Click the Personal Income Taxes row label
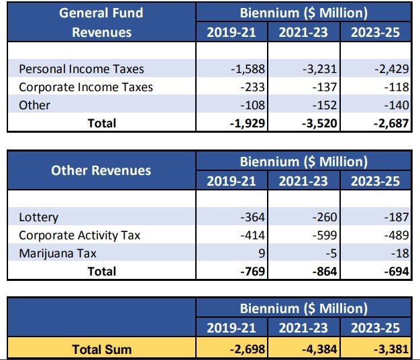[81, 69]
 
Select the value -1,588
[248, 69]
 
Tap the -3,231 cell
[320, 69]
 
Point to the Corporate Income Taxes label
[86, 87]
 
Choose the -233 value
[252, 87]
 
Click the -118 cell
[397, 87]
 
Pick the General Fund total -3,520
[319, 123]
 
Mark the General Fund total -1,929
[248, 123]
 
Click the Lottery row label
[38, 217]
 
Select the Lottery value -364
[252, 217]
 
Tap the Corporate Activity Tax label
[80, 235]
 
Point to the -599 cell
[325, 235]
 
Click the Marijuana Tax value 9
[262, 253]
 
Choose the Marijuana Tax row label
[58, 253]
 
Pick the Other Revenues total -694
[397, 272]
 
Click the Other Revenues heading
[101, 170]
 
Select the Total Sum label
[102, 349]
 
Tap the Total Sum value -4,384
[319, 349]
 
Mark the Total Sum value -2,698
[248, 349]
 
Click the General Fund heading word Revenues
[102, 32]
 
